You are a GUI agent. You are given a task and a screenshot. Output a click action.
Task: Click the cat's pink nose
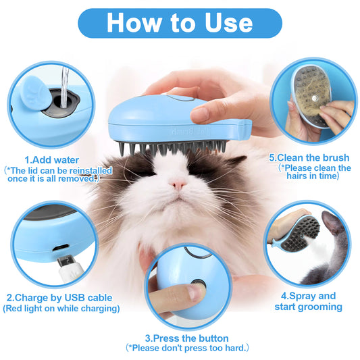(178, 184)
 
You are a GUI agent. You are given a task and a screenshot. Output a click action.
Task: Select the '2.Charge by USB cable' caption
(59, 297)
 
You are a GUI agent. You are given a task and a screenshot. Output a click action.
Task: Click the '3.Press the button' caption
(186, 337)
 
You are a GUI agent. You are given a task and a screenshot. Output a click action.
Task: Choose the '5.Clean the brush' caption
(310, 157)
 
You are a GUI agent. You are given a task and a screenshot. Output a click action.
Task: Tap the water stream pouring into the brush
(59, 84)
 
